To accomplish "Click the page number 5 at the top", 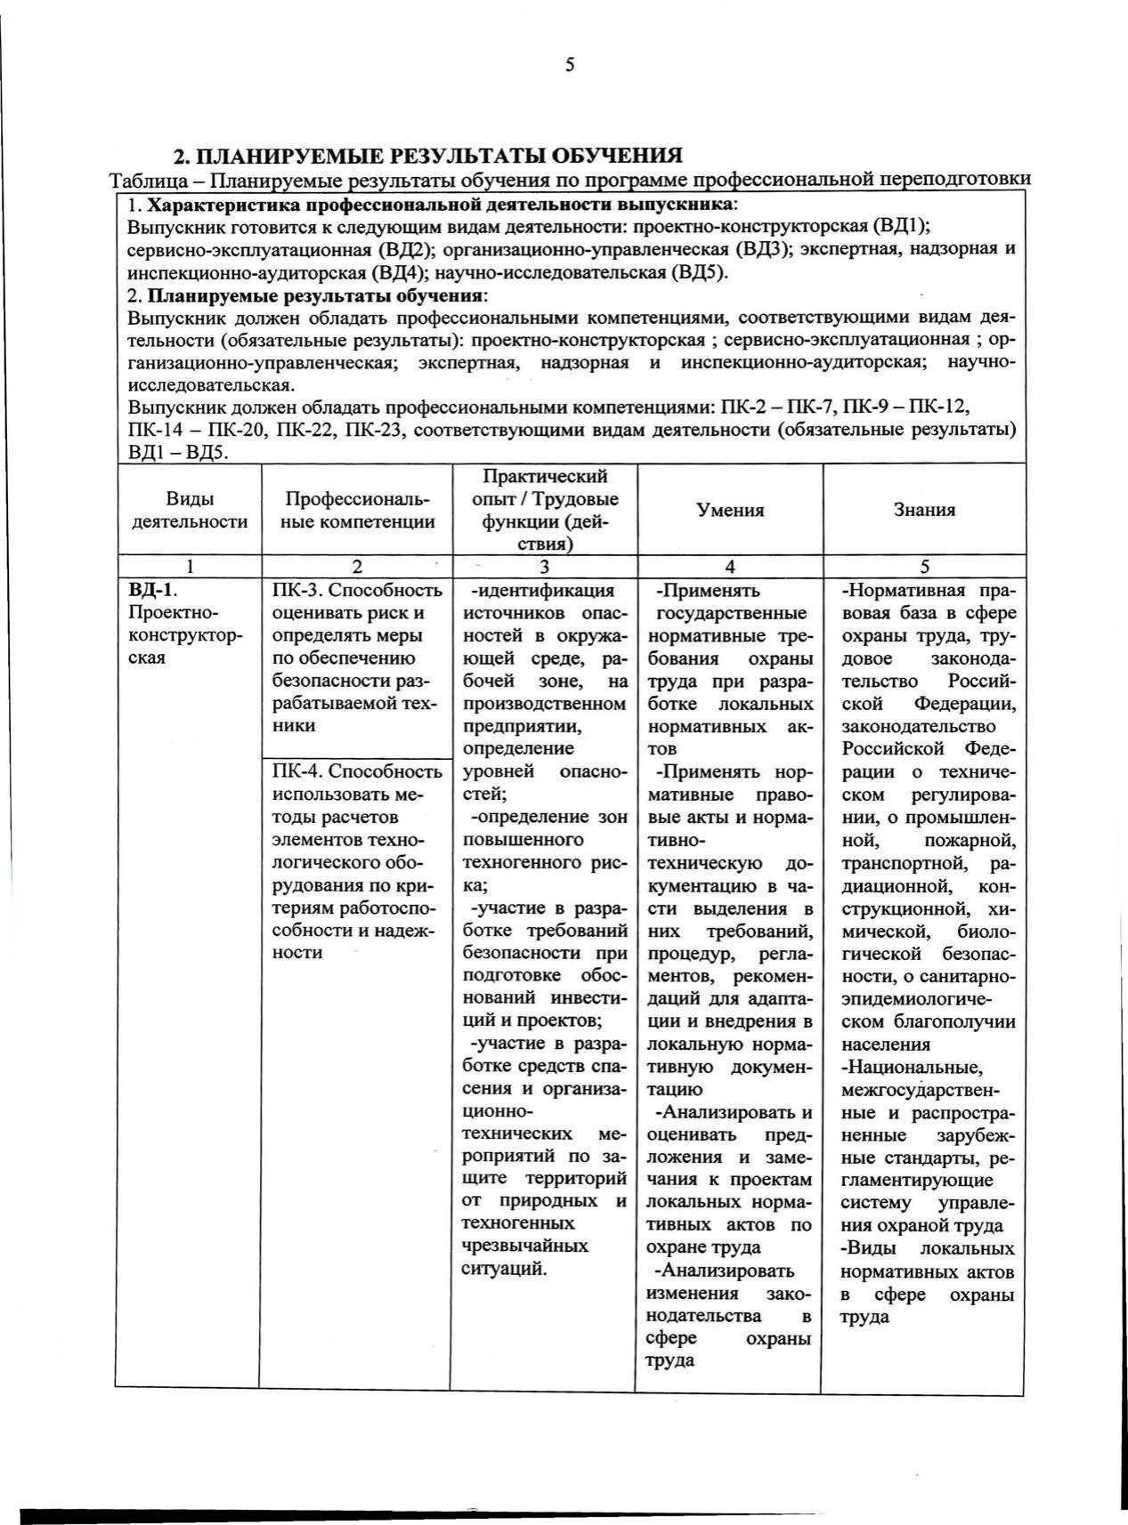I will point(569,64).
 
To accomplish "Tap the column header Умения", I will point(730,510).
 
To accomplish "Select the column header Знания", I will point(924,510).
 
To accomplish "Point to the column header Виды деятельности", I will point(189,511).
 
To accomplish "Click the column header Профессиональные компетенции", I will point(358,511).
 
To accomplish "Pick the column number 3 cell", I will point(544,567).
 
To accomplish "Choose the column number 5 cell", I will point(924,567).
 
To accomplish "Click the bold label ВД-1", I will point(148,590).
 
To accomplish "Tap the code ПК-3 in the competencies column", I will point(295,590).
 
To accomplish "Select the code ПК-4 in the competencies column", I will point(295,771).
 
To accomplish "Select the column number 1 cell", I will point(189,567).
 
